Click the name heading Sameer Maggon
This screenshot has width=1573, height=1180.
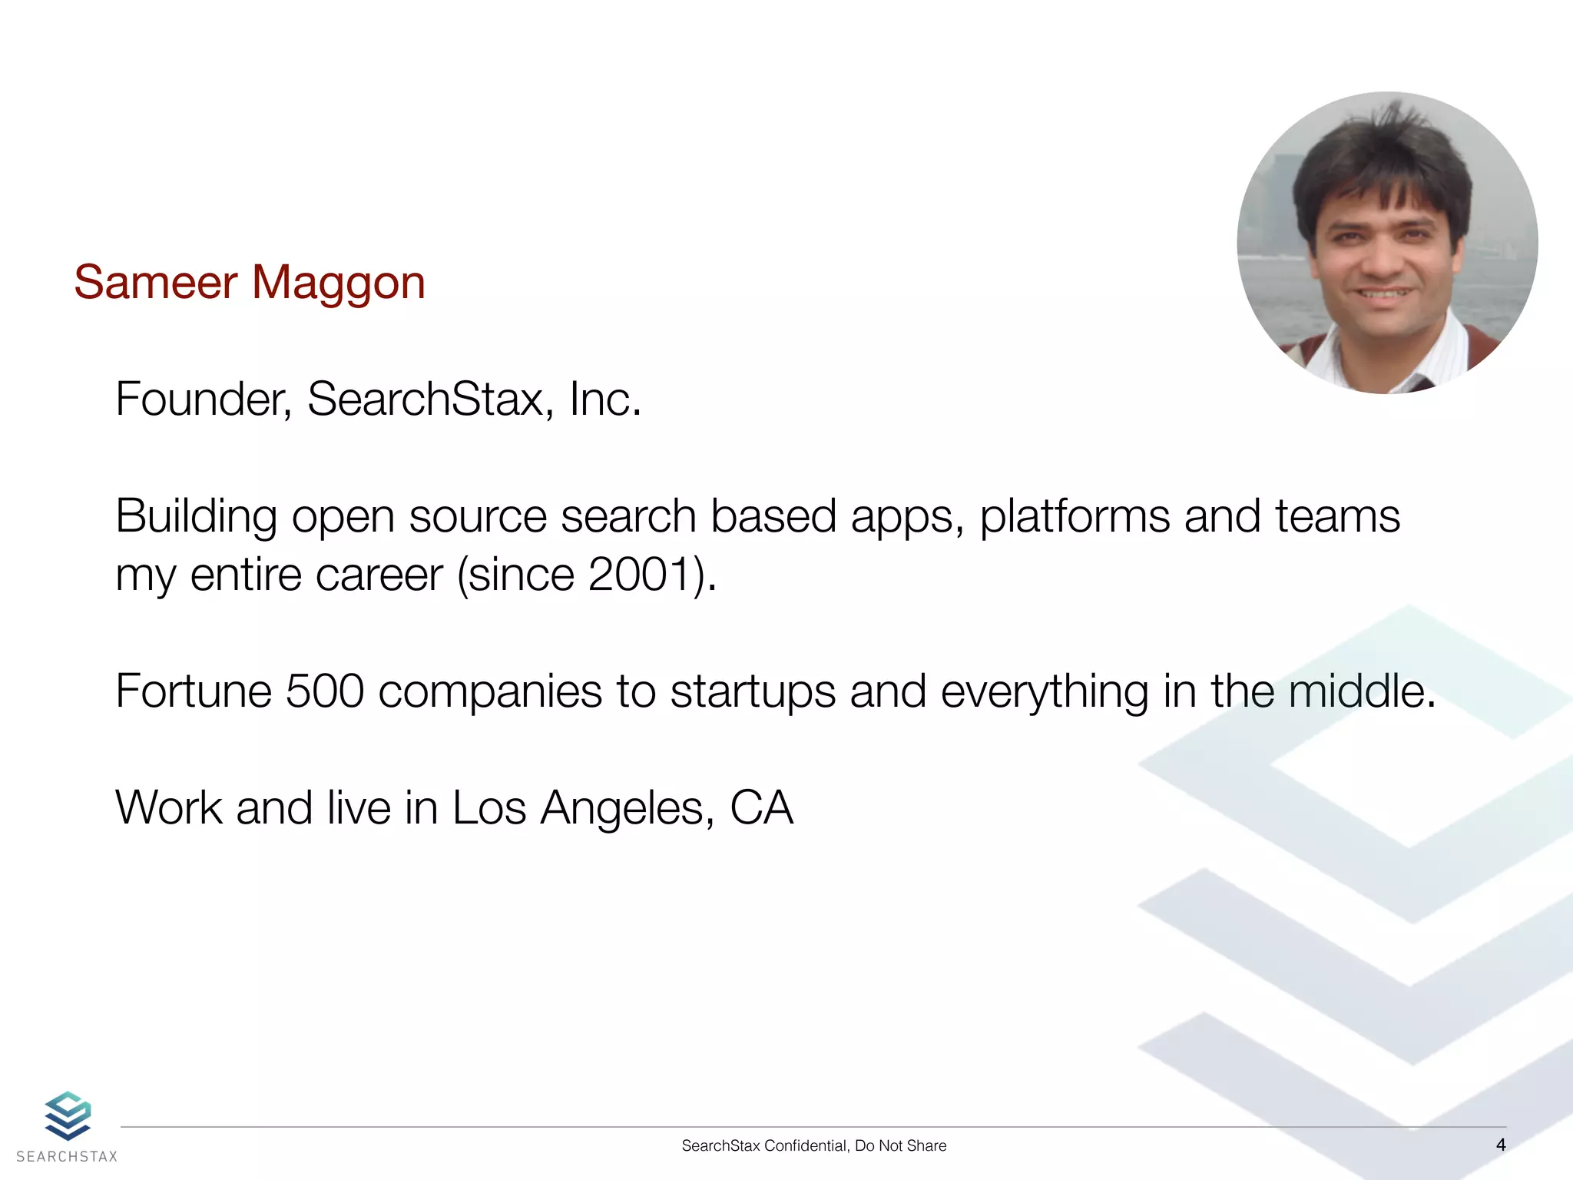point(249,282)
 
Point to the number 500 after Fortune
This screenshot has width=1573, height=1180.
point(324,691)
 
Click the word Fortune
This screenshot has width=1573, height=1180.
point(194,691)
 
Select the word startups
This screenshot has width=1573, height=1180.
point(752,691)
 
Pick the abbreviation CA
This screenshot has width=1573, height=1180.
point(761,808)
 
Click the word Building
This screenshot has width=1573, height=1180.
point(196,516)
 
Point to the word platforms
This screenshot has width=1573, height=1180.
point(1075,516)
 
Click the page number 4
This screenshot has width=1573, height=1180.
point(1501,1145)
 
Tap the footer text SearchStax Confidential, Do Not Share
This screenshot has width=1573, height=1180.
point(813,1145)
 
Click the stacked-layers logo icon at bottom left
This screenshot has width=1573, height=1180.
point(68,1115)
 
